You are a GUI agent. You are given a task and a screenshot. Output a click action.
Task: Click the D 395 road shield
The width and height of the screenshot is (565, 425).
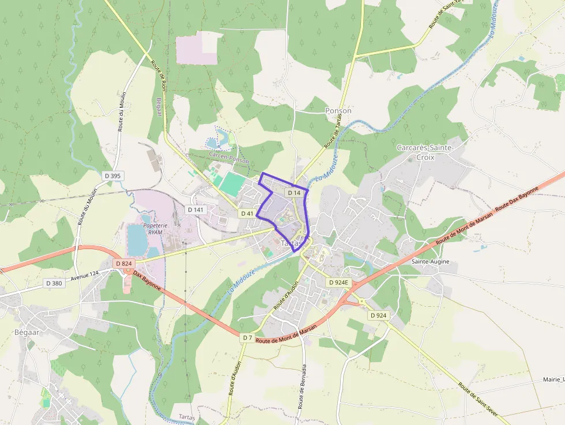pyautogui.click(x=114, y=175)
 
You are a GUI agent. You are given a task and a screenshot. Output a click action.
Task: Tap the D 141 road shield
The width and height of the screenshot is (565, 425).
pyautogui.click(x=196, y=209)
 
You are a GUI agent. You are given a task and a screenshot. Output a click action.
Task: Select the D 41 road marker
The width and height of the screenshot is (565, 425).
pyautogui.click(x=247, y=213)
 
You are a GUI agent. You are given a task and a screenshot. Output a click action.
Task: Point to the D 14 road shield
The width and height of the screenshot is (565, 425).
pyautogui.click(x=294, y=193)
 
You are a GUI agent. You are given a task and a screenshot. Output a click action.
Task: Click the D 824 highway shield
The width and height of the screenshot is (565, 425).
pyautogui.click(x=124, y=264)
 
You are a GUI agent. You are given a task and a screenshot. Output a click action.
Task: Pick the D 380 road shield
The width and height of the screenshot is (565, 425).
pyautogui.click(x=53, y=283)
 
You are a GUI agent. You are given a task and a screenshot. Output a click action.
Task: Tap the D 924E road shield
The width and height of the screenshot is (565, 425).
pyautogui.click(x=339, y=283)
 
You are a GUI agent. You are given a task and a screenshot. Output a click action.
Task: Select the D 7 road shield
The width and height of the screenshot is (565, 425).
pyautogui.click(x=247, y=337)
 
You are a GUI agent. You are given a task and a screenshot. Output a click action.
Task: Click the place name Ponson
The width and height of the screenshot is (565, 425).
pyautogui.click(x=338, y=111)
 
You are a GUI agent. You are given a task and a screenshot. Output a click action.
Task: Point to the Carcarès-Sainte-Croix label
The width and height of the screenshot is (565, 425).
pyautogui.click(x=425, y=152)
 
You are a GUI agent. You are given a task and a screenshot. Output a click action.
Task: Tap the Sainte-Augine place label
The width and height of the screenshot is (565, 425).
pyautogui.click(x=430, y=261)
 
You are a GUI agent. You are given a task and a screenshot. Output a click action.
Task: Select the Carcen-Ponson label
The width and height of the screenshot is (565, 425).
pyautogui.click(x=228, y=157)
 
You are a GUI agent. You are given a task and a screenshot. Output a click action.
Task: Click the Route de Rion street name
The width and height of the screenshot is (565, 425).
pyautogui.click(x=159, y=75)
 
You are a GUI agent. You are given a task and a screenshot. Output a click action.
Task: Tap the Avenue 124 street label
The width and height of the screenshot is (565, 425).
pyautogui.click(x=85, y=275)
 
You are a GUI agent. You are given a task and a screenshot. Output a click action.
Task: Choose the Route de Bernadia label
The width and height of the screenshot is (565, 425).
pyautogui.click(x=303, y=386)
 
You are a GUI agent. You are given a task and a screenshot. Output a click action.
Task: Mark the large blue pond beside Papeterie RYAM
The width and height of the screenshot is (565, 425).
pyautogui.click(x=137, y=240)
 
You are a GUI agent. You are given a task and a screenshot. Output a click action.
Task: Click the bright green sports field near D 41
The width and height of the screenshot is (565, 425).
pyautogui.click(x=232, y=183)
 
